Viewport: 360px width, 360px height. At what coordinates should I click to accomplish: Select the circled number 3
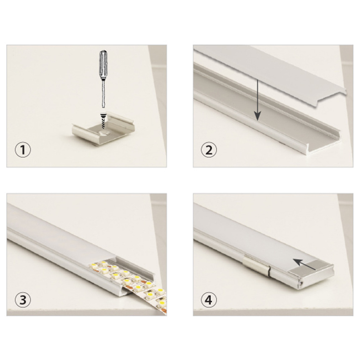(x=23, y=300)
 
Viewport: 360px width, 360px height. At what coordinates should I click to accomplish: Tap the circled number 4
(x=209, y=300)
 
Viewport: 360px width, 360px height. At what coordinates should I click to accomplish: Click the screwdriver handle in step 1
(x=103, y=66)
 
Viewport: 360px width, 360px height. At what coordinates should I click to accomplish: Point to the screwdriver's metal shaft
(x=103, y=94)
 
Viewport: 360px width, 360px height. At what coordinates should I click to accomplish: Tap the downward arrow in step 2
(x=258, y=100)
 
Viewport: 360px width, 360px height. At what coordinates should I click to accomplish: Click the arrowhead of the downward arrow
(x=258, y=116)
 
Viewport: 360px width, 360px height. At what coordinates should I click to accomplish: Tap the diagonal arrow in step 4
(x=304, y=264)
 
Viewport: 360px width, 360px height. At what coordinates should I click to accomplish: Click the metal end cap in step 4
(x=312, y=274)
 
